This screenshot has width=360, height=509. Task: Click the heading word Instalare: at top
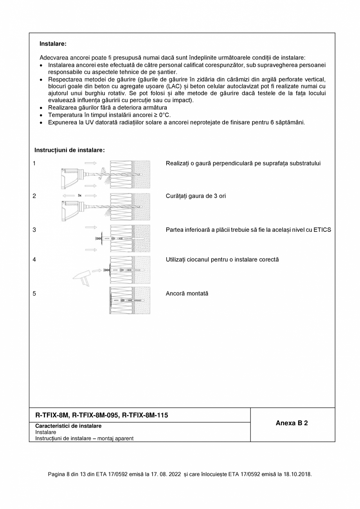(x=53, y=44)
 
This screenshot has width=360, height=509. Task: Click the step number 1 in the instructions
(x=34, y=163)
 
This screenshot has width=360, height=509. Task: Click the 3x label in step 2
(x=79, y=195)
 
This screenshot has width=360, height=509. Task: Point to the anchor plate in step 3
(x=101, y=238)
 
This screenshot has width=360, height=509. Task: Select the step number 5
(x=34, y=293)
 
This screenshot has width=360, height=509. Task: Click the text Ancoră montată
(x=187, y=293)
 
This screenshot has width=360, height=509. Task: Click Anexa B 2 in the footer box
(x=292, y=423)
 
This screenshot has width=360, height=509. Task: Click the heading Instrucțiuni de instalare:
(x=69, y=150)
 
